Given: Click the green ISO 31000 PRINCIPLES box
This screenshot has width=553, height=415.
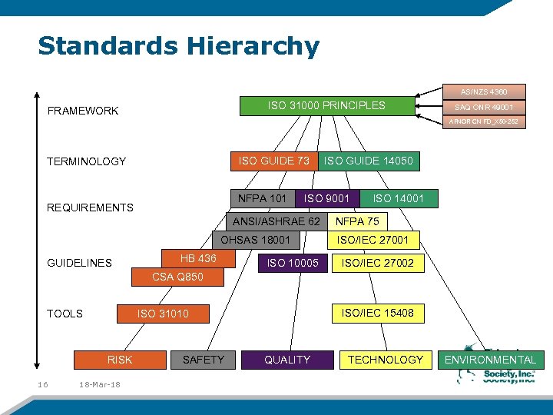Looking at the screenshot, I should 326,105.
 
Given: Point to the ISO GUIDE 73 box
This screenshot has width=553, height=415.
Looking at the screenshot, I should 274,161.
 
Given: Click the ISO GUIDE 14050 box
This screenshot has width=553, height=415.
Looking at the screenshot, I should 368,161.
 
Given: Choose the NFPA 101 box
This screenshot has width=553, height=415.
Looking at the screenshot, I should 263,198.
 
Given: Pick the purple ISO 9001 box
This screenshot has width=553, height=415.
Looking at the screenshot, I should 326,198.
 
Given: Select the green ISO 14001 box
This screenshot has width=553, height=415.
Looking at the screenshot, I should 398,198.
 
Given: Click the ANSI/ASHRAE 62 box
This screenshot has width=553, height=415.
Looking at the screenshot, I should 276,221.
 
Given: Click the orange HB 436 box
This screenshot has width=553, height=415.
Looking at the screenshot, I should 198,258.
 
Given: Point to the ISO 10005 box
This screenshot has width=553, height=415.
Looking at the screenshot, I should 292,264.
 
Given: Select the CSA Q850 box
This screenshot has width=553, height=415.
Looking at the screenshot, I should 177,277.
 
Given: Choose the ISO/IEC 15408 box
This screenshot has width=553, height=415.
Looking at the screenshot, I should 377,313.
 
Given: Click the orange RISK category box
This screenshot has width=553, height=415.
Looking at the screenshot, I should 120,360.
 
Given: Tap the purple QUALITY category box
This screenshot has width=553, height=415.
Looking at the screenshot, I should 287,360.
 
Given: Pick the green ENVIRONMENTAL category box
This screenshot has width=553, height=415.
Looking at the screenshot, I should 490,360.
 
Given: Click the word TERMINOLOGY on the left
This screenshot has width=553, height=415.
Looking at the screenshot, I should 86,161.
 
